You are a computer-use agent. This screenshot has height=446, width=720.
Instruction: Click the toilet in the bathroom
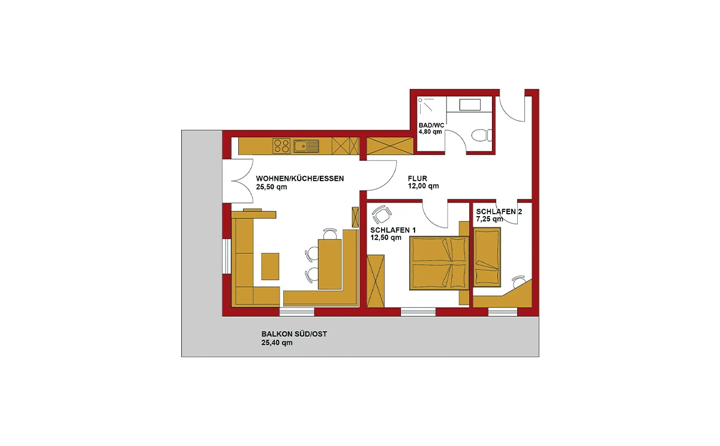point(482,136)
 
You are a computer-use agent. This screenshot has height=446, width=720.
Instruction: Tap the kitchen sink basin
point(302,146)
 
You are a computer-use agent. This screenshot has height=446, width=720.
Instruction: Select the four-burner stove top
point(281,146)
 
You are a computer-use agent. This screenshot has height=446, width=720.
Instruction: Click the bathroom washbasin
point(470,105)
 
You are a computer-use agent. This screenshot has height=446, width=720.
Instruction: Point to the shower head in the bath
point(420,100)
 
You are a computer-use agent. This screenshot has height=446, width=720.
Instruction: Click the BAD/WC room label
point(431,125)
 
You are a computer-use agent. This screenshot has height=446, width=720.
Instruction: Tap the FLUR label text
point(418,178)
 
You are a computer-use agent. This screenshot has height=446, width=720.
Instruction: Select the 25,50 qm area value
point(272,187)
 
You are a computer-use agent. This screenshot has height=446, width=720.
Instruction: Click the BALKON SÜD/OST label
point(294,334)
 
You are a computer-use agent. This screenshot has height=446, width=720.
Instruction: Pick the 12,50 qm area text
point(386,238)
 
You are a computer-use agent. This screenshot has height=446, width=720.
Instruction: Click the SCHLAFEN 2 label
point(499,211)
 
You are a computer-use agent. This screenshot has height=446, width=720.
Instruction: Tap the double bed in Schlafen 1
point(439,263)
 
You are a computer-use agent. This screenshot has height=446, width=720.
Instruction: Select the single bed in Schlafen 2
point(487,258)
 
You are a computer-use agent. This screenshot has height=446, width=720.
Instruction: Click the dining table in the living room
point(330,264)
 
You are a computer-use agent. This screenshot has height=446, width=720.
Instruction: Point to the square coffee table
point(270,267)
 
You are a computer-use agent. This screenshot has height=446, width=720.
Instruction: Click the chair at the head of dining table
point(330,234)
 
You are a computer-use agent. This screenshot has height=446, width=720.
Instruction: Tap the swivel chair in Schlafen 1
point(382,214)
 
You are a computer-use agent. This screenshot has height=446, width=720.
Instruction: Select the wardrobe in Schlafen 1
point(376,281)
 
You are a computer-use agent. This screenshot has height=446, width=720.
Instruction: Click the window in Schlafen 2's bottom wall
point(503,312)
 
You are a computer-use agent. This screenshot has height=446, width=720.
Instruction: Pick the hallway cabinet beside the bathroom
point(390,146)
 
